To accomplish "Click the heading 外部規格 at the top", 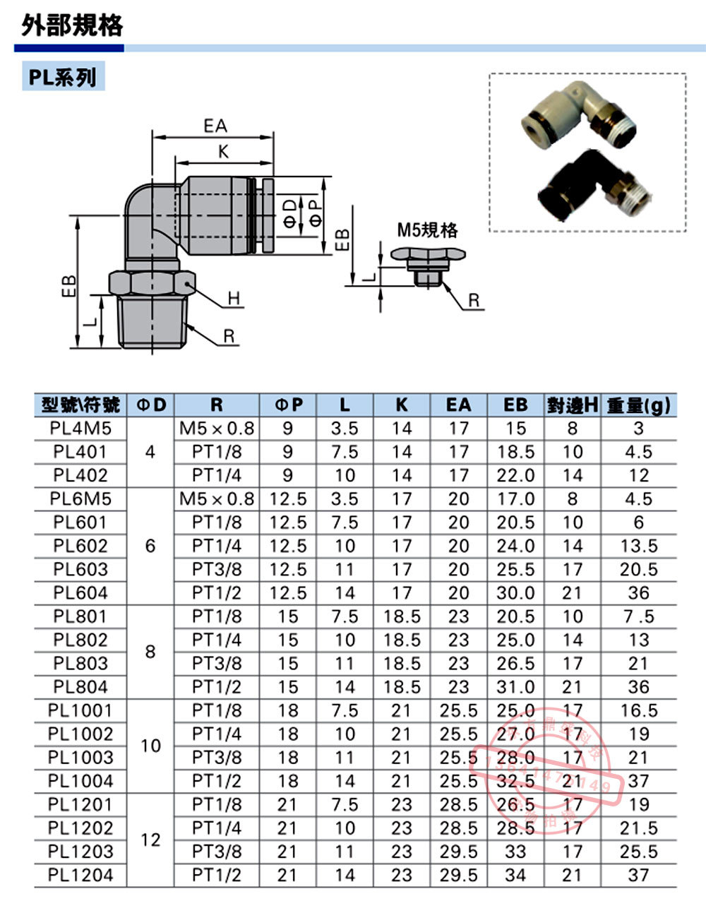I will tap(72, 25).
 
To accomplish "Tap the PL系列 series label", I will tap(64, 76).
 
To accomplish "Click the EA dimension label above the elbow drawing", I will tap(215, 126).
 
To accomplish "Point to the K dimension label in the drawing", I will tap(223, 151).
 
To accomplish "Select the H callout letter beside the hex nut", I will tap(235, 300).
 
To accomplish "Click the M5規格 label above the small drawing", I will tap(427, 230).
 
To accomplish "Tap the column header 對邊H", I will tap(572, 405).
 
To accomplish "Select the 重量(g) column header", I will tap(638, 405).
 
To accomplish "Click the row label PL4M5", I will tap(80, 428).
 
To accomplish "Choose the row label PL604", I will tap(80, 592).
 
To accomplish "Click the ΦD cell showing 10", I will tap(150, 746).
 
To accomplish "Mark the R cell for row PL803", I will tap(217, 663).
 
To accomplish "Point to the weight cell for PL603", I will tap(638, 569).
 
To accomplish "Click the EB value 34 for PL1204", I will tap(515, 875).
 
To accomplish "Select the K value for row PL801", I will tap(402, 616).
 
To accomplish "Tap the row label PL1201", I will tap(80, 804).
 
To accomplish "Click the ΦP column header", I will tap(288, 405).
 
